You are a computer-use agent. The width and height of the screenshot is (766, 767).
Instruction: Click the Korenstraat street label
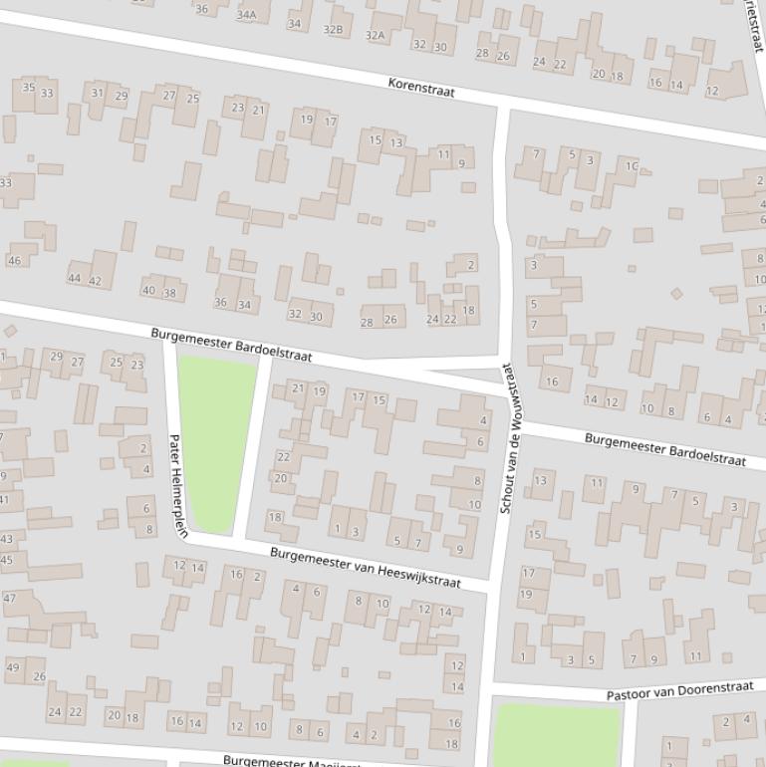(421, 90)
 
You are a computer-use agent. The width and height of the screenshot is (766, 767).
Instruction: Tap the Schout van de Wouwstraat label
(505, 438)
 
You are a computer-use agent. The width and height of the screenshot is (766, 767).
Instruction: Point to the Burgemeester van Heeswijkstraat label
(366, 567)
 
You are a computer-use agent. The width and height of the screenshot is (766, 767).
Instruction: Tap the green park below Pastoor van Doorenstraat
(556, 736)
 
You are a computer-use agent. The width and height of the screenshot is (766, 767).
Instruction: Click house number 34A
(246, 15)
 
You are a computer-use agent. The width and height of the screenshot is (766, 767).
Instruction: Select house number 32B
(333, 30)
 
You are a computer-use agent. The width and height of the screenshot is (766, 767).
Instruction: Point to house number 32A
(375, 35)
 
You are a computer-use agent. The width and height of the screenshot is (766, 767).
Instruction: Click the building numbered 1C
(631, 166)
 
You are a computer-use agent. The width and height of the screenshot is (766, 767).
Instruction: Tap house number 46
(14, 261)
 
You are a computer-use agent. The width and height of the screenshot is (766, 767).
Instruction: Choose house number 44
(75, 279)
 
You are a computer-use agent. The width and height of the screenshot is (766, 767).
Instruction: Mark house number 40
(148, 291)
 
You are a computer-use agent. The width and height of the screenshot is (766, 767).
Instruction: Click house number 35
(28, 88)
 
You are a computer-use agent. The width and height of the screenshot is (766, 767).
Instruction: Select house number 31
(98, 94)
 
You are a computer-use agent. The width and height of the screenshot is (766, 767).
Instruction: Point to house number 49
(13, 667)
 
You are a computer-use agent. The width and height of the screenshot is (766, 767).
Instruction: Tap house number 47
(10, 599)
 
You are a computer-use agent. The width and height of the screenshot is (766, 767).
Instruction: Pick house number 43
(7, 539)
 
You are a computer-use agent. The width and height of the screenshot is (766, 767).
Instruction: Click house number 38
(169, 293)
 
